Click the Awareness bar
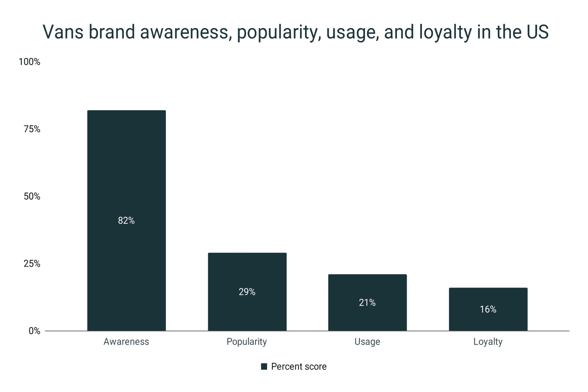click(x=127, y=220)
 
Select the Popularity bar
click(x=247, y=292)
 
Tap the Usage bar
click(x=367, y=303)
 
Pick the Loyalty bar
click(x=488, y=309)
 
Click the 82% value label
click(x=126, y=220)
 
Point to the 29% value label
click(x=247, y=292)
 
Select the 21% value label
click(x=367, y=303)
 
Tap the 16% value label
click(x=488, y=309)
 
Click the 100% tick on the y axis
click(x=29, y=62)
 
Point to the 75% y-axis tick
click(x=32, y=129)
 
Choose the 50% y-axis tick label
click(x=32, y=196)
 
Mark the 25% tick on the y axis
click(x=32, y=264)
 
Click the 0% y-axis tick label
click(x=34, y=331)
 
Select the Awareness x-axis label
click(x=126, y=342)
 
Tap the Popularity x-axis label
click(x=247, y=342)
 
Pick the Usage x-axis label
click(x=367, y=342)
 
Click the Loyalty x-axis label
click(x=488, y=342)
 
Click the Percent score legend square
click(x=264, y=367)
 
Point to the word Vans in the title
click(x=63, y=32)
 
